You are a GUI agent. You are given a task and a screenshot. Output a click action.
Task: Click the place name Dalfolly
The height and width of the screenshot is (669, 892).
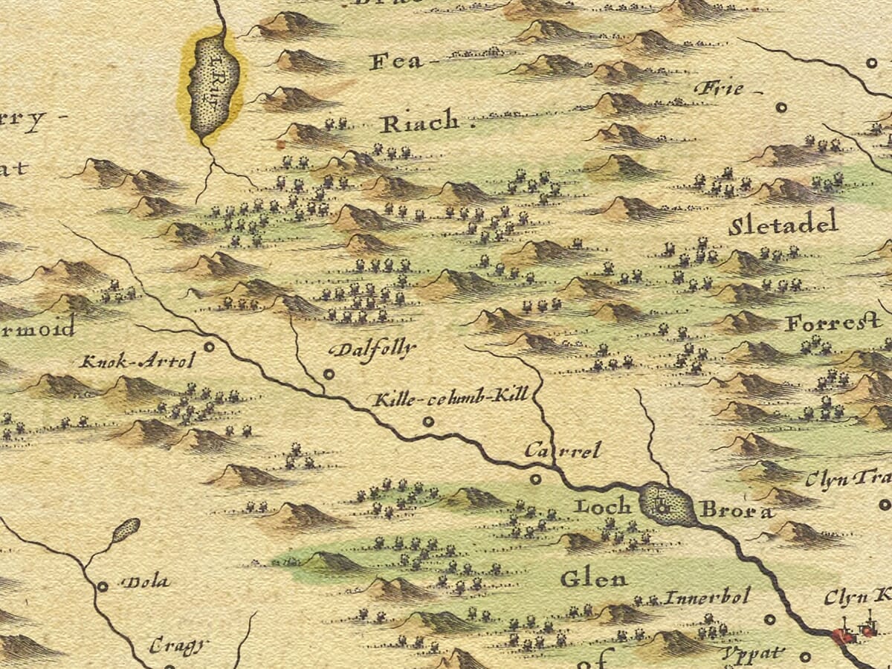pos(372,349)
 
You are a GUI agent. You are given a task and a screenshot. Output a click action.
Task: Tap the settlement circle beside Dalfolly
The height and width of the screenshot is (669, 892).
pos(329,374)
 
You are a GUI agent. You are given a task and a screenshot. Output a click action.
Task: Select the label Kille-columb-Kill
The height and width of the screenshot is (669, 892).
pos(450,395)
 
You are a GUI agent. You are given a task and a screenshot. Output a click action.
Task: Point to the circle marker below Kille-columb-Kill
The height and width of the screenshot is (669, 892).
pos(427,421)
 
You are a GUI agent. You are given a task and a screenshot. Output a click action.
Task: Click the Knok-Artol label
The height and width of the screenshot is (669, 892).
pos(138,362)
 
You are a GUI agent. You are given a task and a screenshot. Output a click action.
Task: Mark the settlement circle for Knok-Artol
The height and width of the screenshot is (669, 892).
pos(210,346)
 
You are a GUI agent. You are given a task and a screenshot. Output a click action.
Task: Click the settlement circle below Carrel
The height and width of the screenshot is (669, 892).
pos(535,479)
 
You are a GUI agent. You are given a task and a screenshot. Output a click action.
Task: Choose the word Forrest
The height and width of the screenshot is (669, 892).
pos(833,323)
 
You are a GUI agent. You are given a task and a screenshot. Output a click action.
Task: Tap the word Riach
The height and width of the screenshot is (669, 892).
pos(419,123)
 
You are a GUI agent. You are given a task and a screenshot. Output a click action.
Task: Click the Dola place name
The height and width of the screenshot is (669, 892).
pos(145,582)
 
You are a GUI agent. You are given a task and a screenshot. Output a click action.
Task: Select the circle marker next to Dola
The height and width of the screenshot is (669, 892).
pos(103,586)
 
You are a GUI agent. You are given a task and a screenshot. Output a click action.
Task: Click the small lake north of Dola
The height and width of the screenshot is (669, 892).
pos(126,529)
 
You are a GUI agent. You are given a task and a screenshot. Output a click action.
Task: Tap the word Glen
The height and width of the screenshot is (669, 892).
pos(593,578)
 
